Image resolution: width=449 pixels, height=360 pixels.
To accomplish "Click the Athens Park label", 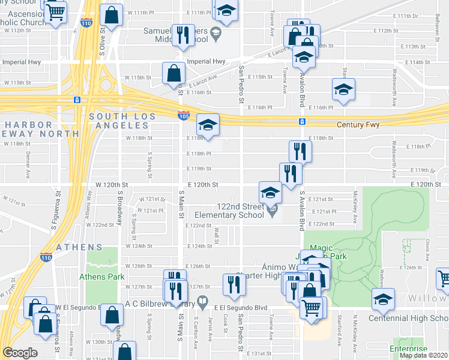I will click(x=102, y=277).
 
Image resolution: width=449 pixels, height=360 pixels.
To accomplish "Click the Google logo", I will click(x=20, y=353).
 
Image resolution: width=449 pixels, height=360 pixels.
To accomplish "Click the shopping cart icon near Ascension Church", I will click(x=55, y=11).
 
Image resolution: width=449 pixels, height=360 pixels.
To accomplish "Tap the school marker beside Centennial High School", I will click(x=381, y=299).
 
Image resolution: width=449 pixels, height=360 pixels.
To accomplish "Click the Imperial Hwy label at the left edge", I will click(x=17, y=61).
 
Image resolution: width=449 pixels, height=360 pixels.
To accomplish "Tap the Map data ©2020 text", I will click(x=423, y=355).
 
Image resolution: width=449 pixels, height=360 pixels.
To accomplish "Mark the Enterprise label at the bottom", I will click(x=409, y=349).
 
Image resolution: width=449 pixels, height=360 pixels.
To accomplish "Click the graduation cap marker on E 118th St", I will click(x=208, y=124).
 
